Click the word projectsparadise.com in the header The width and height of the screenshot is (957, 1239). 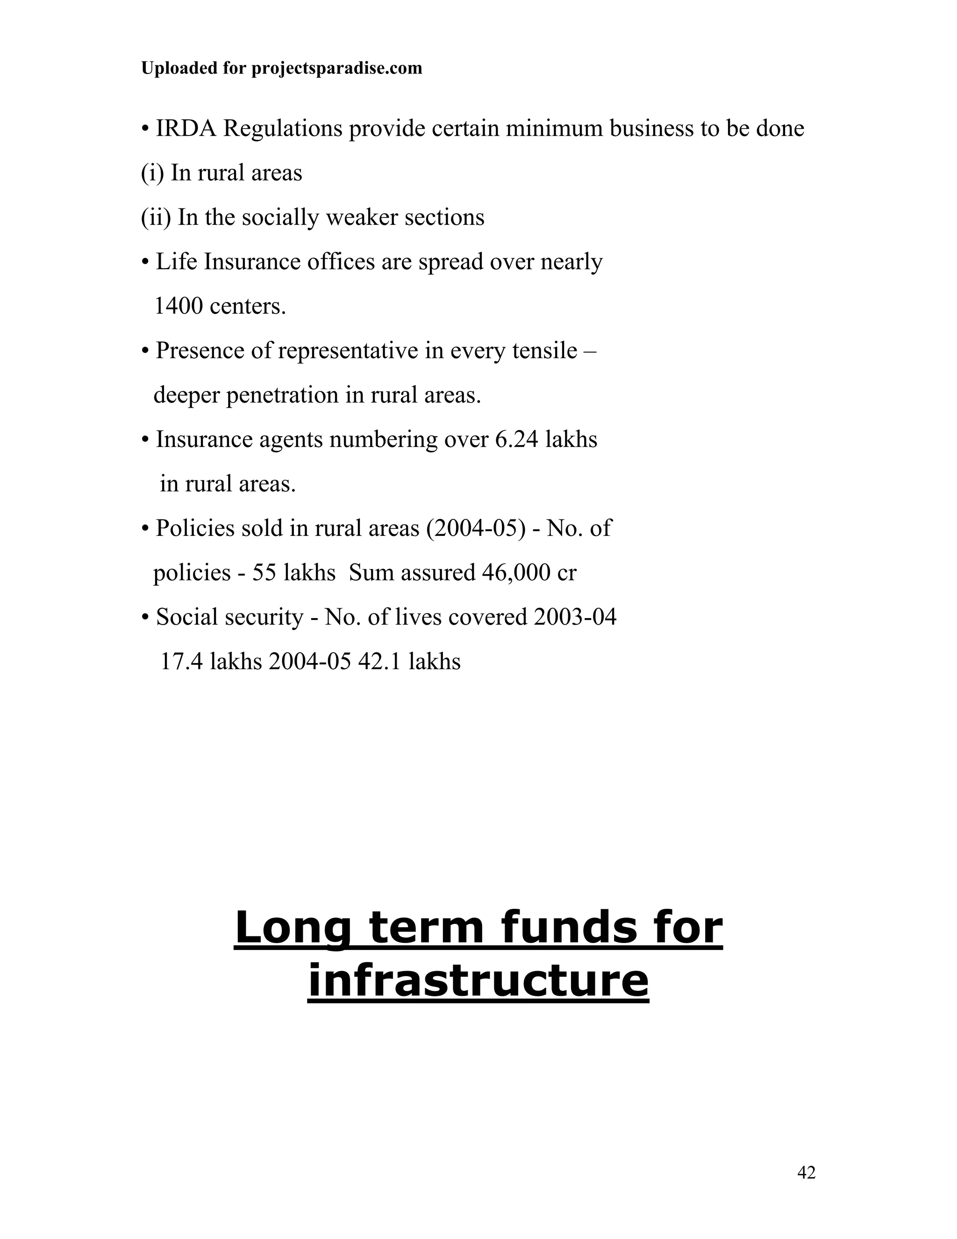[x=336, y=69]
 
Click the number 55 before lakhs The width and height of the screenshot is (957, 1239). [x=264, y=572]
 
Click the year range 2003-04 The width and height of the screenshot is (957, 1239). [x=575, y=617]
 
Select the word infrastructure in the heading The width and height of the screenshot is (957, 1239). [x=478, y=981]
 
